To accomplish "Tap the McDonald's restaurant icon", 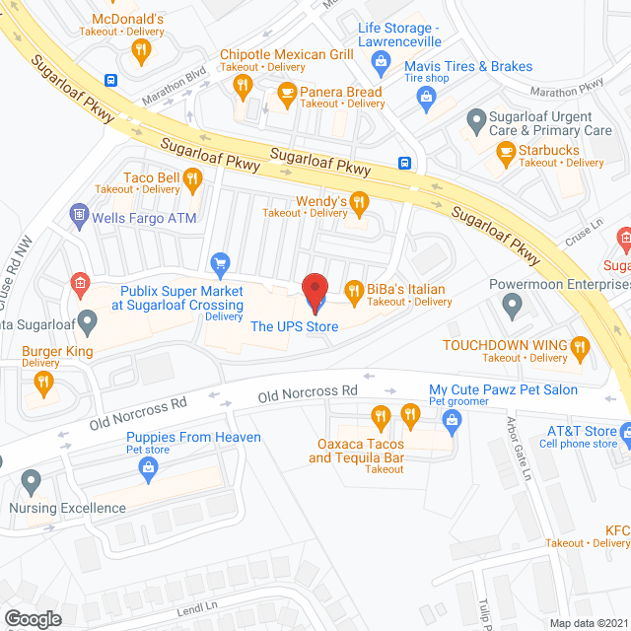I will coord(142,51).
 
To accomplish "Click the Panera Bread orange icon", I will coord(287,95).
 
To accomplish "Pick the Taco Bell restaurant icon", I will coord(192,180).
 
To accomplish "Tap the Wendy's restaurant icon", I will coord(360,204).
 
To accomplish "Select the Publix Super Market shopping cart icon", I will coord(220,263).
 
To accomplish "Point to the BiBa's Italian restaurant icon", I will coord(354,290).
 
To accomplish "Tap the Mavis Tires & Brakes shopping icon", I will coord(426,96).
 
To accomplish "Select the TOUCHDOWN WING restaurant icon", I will coord(581,346).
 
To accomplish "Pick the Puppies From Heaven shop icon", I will coord(148,469).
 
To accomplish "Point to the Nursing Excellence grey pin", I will coord(30,483).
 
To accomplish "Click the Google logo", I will coord(32,618).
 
